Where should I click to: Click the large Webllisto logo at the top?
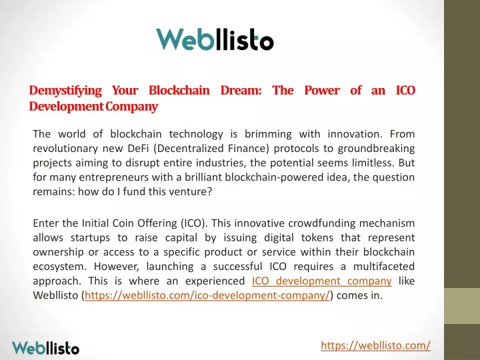215,39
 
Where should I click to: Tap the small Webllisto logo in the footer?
45,348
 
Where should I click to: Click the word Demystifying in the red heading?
65,91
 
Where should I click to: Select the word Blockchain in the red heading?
179,90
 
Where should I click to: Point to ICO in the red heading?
405,90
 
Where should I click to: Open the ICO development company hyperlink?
322,281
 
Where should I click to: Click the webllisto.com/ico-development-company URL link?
207,295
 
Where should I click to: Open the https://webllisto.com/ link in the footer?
375,345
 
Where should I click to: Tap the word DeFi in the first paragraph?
138,149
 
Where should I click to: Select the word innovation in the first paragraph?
355,134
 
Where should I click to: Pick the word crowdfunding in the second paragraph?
322,223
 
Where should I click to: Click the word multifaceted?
384,266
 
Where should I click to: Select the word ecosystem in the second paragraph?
58,267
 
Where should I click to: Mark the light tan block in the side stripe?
462,306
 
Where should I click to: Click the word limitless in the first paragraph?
369,163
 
